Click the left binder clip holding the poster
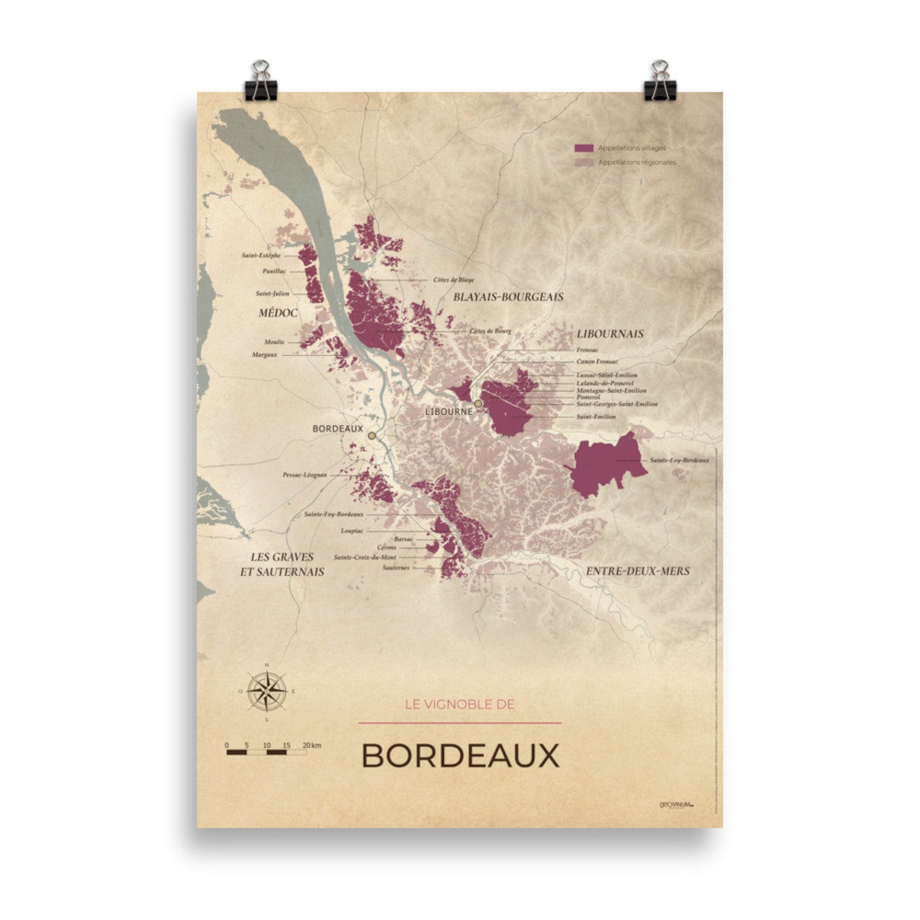click(258, 81)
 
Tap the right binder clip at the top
click(659, 81)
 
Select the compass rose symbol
click(267, 691)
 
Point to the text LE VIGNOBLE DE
click(460, 704)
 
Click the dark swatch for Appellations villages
click(584, 148)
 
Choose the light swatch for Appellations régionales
click(584, 162)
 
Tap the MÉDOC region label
click(278, 313)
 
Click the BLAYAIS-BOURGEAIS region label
click(509, 296)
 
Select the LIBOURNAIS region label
click(609, 333)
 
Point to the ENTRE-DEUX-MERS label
click(638, 571)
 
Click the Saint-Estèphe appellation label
click(261, 255)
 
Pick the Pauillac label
click(275, 271)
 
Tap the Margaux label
click(265, 354)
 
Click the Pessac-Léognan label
click(305, 474)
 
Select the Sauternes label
click(397, 566)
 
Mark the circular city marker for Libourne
click(479, 404)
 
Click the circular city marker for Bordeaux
click(371, 435)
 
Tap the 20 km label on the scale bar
click(311, 745)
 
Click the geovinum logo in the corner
click(676, 804)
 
